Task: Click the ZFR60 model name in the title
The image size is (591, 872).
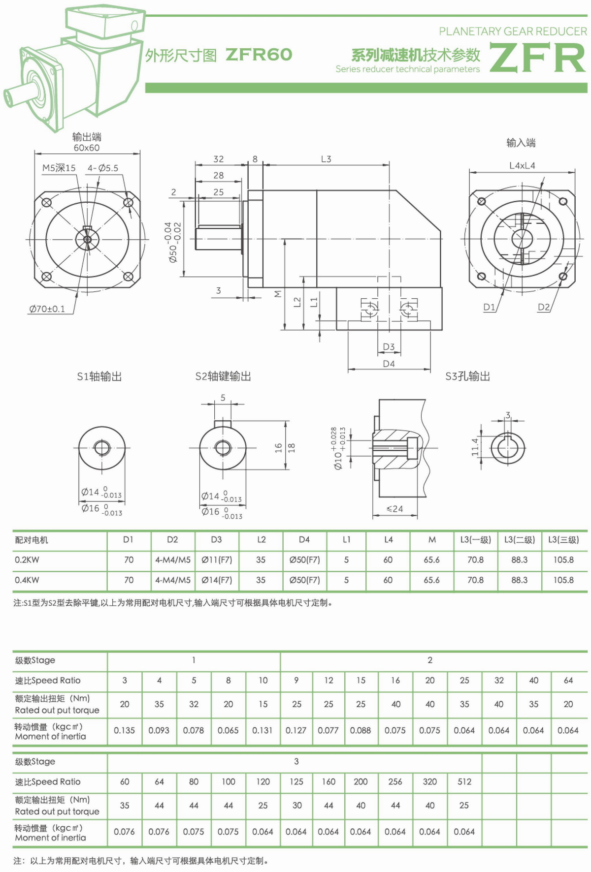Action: coord(259,55)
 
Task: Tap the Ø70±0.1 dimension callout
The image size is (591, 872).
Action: coord(47,309)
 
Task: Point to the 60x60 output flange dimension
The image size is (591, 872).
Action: coord(87,148)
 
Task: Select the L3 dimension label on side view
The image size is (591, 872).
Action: coord(326,159)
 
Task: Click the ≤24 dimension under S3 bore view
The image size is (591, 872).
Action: coord(394,509)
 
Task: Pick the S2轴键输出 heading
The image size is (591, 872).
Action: coord(223,376)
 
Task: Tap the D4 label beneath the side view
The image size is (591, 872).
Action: coord(389,364)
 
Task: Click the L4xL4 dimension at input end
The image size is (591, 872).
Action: coord(522,165)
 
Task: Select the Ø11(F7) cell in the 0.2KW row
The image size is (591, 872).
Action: coord(217,560)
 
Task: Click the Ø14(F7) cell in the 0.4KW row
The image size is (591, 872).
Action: coord(217,580)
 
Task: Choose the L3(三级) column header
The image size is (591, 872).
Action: coord(563,539)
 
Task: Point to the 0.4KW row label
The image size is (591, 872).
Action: coord(27,580)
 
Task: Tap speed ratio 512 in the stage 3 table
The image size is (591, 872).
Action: coord(464,781)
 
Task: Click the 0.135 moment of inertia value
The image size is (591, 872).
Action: coord(124,730)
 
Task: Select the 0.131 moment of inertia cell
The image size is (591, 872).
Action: coord(263,730)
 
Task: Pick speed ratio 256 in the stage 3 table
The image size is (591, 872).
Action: coord(395,781)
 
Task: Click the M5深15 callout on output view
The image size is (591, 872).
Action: coord(59,168)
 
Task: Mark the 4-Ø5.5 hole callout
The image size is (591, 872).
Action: coord(103,168)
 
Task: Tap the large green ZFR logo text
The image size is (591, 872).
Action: coord(538,58)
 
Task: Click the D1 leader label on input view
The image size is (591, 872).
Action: coord(489,307)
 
